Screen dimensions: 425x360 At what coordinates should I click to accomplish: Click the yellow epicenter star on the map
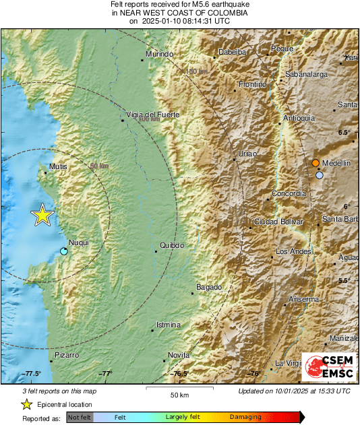point(42,215)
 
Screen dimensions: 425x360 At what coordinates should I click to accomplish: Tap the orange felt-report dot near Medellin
point(316,163)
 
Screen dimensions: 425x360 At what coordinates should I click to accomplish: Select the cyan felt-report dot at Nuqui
point(63,251)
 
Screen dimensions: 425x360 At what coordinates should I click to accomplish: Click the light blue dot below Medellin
point(320,175)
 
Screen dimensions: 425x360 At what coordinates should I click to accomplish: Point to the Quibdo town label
point(172,245)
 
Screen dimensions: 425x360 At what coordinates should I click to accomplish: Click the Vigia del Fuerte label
point(152,115)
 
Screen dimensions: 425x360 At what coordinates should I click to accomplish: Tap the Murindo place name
point(159,54)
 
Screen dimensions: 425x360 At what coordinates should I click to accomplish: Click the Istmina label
point(168,325)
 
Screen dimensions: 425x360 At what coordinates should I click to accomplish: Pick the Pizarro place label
point(67,354)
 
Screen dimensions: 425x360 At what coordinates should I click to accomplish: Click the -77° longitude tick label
point(107,373)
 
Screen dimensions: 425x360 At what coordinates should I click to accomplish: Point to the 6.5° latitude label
point(344,132)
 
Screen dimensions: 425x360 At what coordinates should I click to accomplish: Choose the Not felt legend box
point(80,417)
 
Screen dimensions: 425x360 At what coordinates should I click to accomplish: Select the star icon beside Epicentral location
point(27,404)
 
